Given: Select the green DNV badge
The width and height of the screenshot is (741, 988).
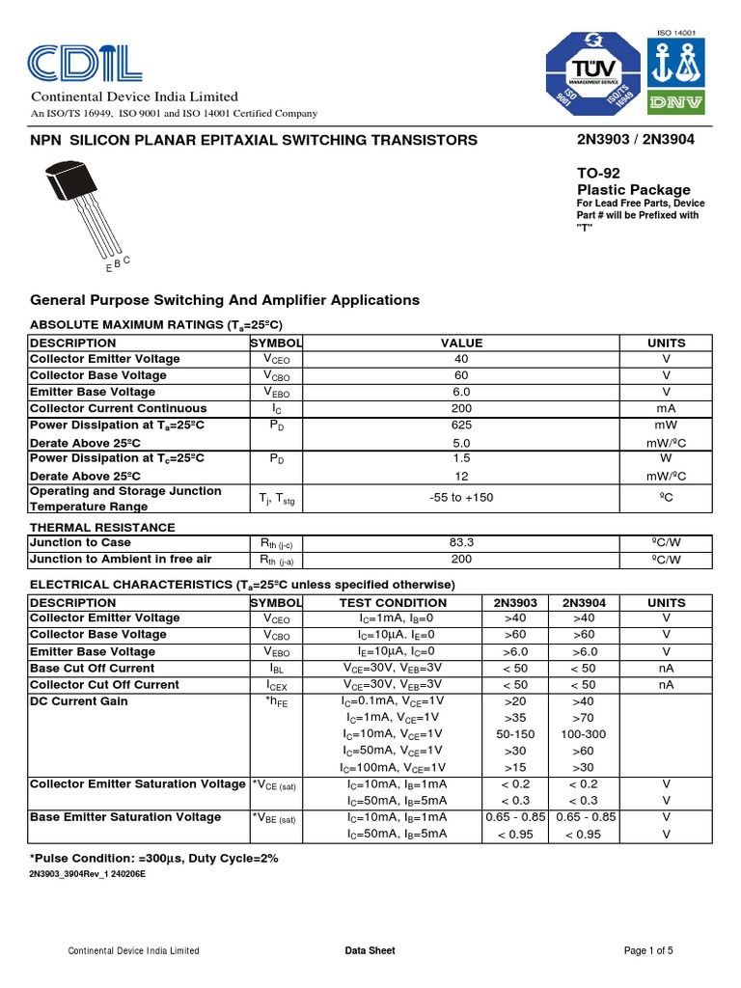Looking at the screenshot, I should (x=675, y=101).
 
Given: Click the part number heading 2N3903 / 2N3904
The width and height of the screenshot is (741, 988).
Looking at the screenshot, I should (x=635, y=139).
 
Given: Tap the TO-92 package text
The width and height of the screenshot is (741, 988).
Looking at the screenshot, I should (x=598, y=173).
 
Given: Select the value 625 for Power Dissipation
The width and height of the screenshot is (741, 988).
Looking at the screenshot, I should (x=461, y=425).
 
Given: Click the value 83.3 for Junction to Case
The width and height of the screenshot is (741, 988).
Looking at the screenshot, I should (x=461, y=543).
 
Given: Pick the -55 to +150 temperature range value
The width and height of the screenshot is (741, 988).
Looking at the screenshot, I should (x=461, y=497).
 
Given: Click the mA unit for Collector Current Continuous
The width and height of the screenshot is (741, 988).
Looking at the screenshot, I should (x=666, y=408).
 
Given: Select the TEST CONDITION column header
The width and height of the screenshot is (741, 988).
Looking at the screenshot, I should (x=394, y=601).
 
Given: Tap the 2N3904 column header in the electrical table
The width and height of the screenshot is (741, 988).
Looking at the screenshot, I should (x=583, y=601).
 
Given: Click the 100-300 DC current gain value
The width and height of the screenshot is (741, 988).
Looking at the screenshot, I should (x=583, y=734).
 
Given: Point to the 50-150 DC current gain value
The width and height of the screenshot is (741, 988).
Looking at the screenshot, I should (x=514, y=734).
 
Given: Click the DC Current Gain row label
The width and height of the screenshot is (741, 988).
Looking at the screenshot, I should (x=79, y=700).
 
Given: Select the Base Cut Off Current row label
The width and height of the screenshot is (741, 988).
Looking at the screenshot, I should (x=92, y=668).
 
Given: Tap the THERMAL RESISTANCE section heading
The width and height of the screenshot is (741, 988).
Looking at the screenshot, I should (x=102, y=527).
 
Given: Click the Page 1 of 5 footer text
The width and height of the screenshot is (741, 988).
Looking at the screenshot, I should (x=648, y=950).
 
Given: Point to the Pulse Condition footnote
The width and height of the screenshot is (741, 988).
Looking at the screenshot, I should (x=154, y=858).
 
